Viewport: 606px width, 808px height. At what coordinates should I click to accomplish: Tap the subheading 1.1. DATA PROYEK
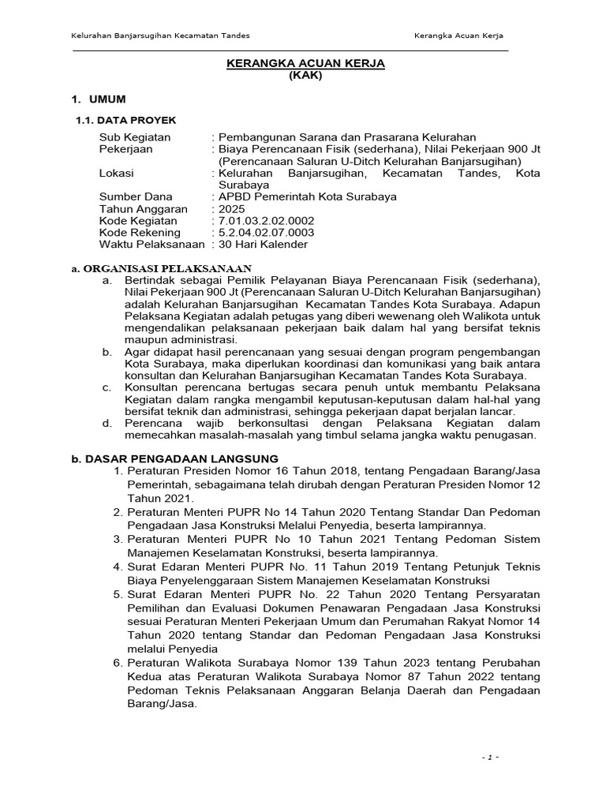[125, 120]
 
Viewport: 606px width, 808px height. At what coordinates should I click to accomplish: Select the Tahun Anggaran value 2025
[232, 209]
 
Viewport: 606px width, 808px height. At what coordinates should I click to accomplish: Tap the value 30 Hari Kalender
[263, 245]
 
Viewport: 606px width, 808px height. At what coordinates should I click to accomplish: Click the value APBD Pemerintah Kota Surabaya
[307, 196]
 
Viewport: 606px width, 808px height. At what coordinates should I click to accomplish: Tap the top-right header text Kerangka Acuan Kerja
[459, 37]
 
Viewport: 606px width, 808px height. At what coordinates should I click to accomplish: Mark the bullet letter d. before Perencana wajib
[107, 423]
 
